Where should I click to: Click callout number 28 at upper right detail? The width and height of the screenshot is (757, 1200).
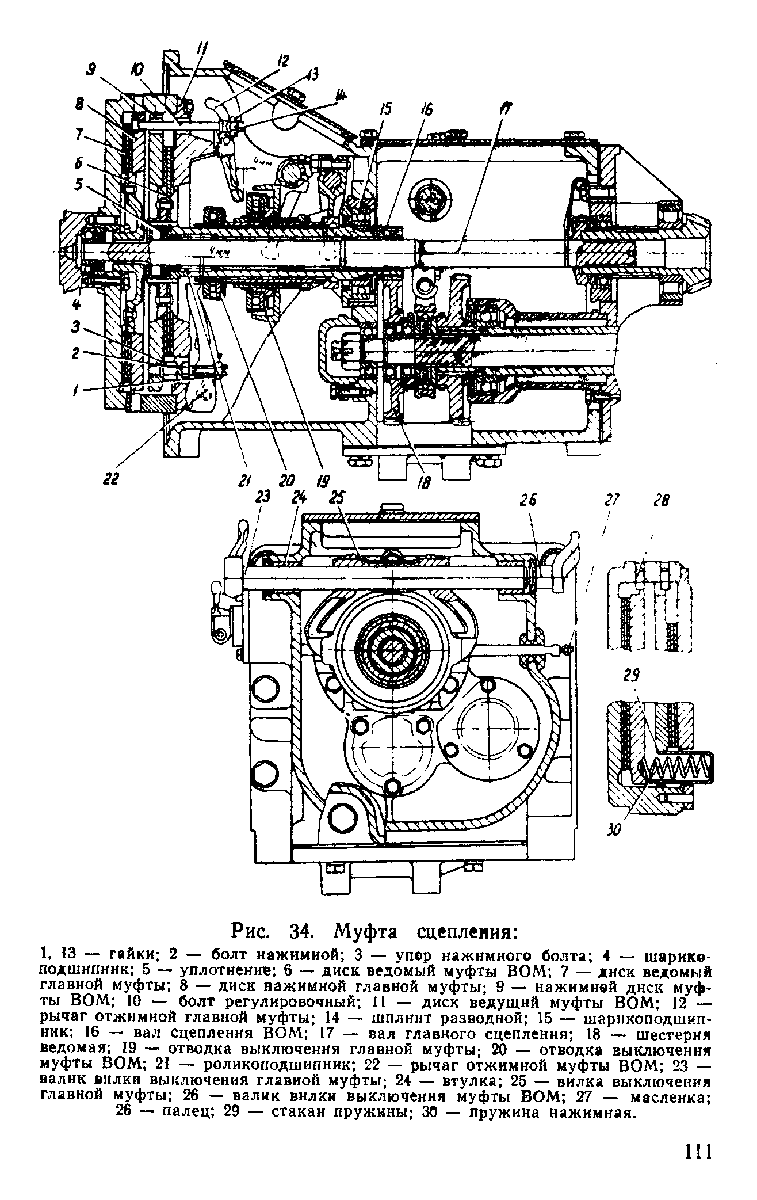[662, 501]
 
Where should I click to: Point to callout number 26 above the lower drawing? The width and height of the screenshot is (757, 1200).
[529, 500]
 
